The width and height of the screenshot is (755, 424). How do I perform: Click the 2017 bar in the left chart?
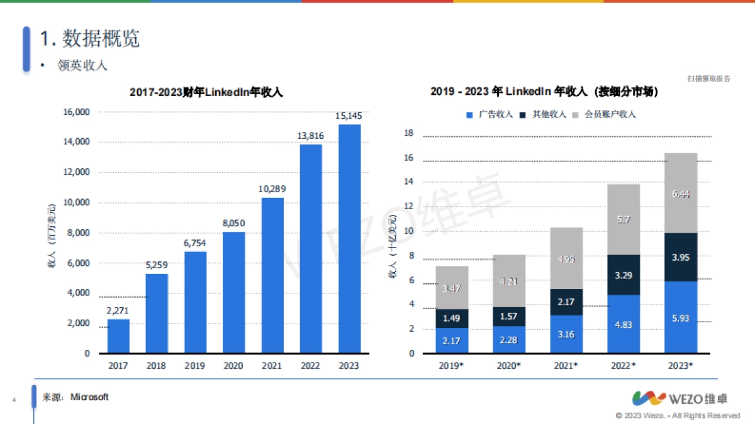pyautogui.click(x=118, y=336)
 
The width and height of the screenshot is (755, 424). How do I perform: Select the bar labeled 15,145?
pyautogui.click(x=349, y=239)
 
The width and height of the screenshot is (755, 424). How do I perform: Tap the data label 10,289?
pyautogui.click(x=272, y=188)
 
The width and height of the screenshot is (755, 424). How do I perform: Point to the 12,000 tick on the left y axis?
pyautogui.click(x=76, y=172)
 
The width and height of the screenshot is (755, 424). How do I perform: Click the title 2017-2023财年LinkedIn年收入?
pyautogui.click(x=206, y=92)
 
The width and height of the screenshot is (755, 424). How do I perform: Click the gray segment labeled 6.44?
pyautogui.click(x=681, y=193)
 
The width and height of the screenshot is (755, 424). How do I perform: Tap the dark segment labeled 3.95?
pyautogui.click(x=681, y=257)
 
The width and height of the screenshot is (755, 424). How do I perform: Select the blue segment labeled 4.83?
pyautogui.click(x=624, y=324)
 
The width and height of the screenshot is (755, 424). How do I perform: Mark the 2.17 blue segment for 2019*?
pyautogui.click(x=452, y=340)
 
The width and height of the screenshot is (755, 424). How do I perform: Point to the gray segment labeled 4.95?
pyautogui.click(x=566, y=258)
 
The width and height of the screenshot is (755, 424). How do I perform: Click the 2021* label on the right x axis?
pyautogui.click(x=566, y=366)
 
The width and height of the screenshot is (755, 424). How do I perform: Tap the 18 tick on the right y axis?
pyautogui.click(x=408, y=133)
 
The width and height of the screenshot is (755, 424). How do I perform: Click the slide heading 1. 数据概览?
pyautogui.click(x=89, y=39)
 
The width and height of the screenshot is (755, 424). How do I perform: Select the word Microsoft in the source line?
pyautogui.click(x=89, y=397)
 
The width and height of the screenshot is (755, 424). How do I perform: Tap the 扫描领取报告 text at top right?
pyautogui.click(x=709, y=79)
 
